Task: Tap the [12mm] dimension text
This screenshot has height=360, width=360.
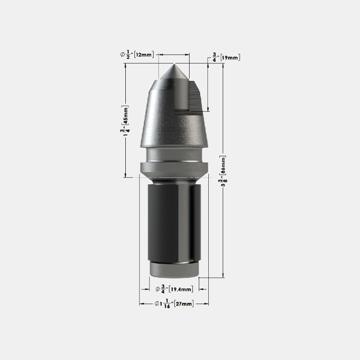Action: tap(144, 55)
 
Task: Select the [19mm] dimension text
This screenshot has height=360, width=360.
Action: tap(230, 57)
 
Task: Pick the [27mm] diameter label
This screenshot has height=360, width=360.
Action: tap(184, 304)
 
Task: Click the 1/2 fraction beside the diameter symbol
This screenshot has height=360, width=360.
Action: tap(128, 54)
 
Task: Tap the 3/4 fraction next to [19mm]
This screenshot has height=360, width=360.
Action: tap(214, 57)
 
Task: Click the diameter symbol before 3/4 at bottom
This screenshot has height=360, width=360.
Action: tap(157, 289)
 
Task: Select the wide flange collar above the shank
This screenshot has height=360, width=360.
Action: tap(174, 168)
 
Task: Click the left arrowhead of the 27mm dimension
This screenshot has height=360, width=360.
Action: tap(141, 304)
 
